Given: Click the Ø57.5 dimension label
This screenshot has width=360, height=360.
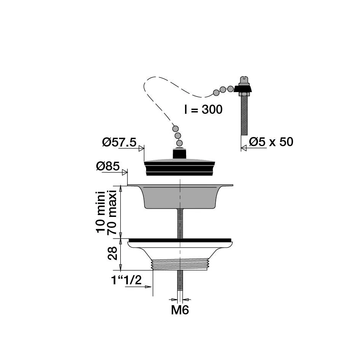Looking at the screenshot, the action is point(119,142).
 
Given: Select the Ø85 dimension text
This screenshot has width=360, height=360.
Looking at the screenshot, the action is point(108,166).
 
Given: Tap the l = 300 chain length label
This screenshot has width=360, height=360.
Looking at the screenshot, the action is point(204,109).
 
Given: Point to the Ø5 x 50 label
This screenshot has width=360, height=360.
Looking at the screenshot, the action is point(271,142).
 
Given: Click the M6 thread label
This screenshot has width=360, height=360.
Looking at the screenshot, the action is point(180,310).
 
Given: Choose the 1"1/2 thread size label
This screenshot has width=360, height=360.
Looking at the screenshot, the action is point(126,280).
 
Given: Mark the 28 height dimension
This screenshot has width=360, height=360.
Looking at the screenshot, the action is point(113,253).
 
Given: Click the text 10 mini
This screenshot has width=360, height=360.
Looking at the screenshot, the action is point(100,212).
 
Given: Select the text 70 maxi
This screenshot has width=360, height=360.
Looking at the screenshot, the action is point(112,212).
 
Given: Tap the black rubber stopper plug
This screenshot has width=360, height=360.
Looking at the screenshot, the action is point(180,167).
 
